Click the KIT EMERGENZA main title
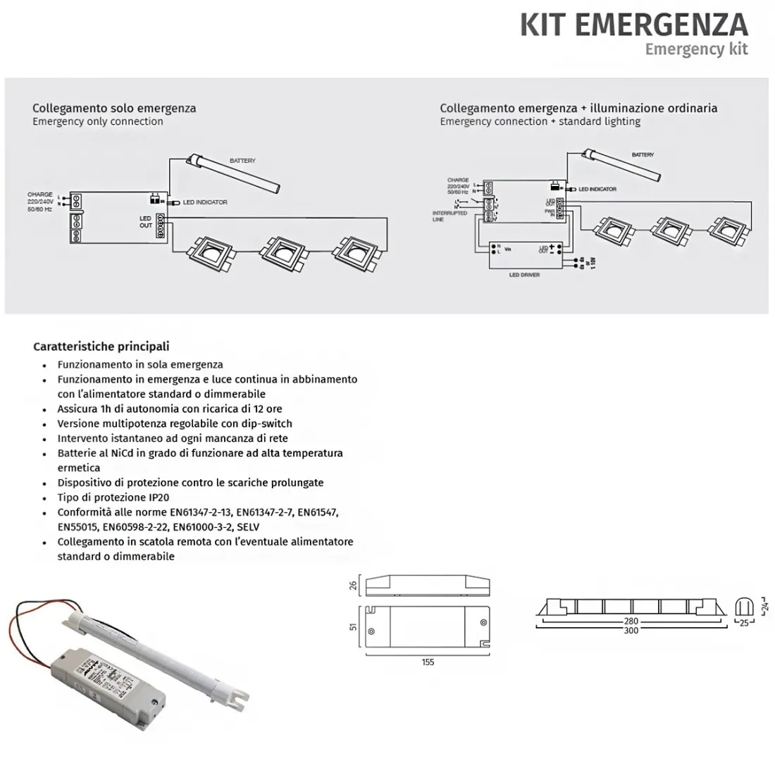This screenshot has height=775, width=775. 633,24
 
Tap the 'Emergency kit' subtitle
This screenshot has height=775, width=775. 696,49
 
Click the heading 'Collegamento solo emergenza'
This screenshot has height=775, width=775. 114,108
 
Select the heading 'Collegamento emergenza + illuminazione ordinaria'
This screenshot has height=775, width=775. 578,108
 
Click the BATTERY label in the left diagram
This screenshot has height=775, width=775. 242,161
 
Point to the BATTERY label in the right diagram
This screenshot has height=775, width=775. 643,155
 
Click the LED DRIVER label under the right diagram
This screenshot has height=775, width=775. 524,275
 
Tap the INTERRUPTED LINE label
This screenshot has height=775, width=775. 449,216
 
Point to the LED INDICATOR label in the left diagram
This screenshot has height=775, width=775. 205,203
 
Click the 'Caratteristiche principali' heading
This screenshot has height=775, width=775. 101,347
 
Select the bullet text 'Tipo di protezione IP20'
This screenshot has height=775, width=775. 113,497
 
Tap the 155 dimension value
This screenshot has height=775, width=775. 428,662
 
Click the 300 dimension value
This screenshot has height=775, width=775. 631,631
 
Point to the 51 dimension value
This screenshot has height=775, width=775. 354,626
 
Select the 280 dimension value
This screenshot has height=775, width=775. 631,621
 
